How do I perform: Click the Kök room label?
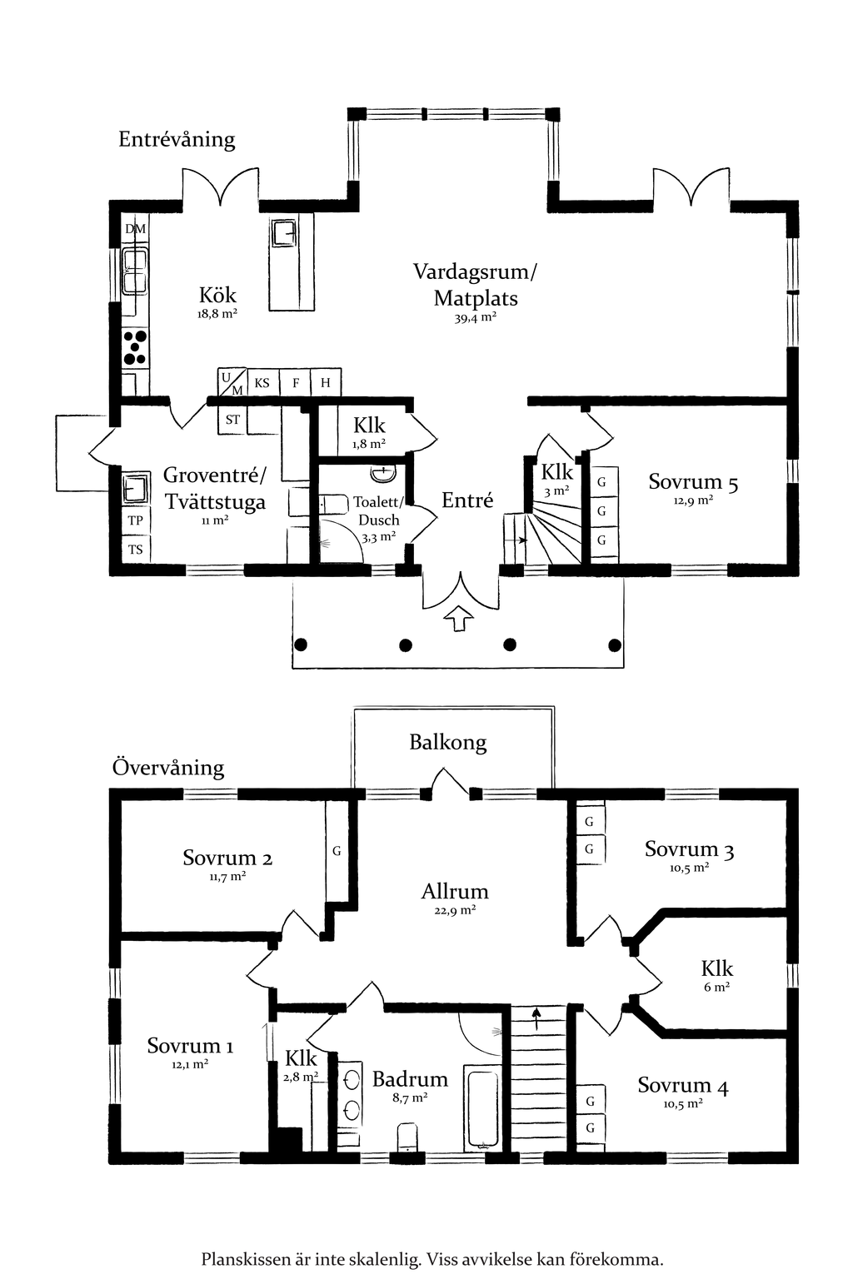coord(217,295)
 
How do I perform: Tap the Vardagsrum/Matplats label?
coord(476,285)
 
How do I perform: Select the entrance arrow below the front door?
coord(458,619)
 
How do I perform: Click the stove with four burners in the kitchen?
coord(135,348)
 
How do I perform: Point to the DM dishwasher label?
coord(135,229)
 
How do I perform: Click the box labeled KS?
coord(262,383)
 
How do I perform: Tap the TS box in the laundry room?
coord(135,550)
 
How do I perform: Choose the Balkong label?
coord(448,742)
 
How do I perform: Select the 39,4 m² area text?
coord(476,317)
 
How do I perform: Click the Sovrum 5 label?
coord(693,482)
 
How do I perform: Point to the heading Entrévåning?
coord(177,139)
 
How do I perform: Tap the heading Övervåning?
coord(168,767)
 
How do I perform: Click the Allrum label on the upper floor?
coord(455,892)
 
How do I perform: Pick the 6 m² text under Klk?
coord(717,988)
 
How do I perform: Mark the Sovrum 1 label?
coord(190,1046)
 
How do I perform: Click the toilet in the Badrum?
coord(408,1137)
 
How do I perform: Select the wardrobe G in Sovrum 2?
coord(337,851)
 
